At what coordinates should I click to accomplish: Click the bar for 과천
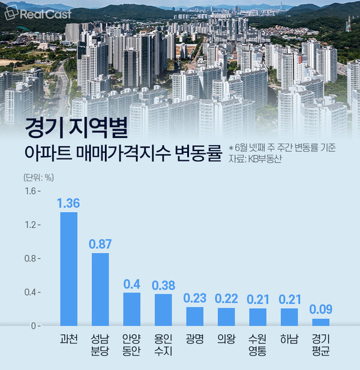click(x=69, y=269)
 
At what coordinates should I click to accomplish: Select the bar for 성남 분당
click(x=100, y=289)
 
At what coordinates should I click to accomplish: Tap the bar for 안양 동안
click(x=131, y=309)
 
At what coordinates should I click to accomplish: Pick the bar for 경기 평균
click(x=321, y=322)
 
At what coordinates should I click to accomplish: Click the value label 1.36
click(x=68, y=203)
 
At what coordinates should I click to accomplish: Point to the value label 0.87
click(x=100, y=244)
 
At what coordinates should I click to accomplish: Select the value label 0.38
click(x=163, y=285)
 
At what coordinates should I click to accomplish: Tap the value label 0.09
click(x=321, y=309)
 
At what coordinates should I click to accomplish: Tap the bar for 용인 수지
click(x=163, y=309)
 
